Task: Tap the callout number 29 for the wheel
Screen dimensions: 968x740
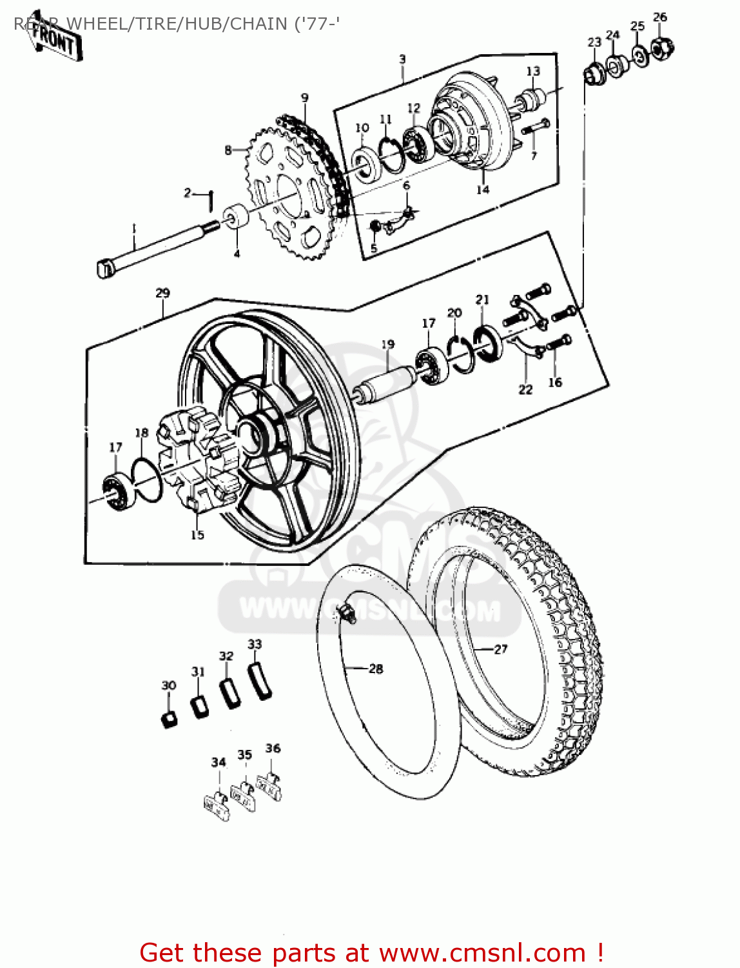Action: coord(162,293)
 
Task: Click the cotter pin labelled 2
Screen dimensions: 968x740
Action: coord(210,200)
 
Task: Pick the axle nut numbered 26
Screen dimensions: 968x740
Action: coord(662,48)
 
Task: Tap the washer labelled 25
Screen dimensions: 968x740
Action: coord(639,56)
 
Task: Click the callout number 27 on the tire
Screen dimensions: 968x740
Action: coord(501,649)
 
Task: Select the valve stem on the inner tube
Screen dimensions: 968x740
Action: coord(348,613)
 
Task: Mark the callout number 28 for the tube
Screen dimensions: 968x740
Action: coord(376,669)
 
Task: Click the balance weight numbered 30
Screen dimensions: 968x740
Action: coord(169,718)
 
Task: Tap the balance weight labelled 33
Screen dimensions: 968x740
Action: coord(260,680)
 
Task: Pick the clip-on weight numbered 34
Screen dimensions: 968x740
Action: coord(217,807)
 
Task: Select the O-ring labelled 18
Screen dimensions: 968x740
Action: coord(148,479)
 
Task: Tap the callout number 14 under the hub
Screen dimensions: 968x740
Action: coord(483,190)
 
